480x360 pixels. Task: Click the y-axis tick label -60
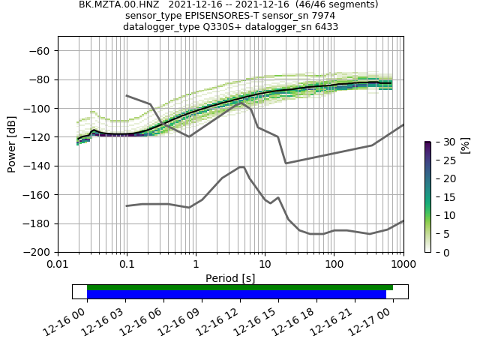click(38, 51)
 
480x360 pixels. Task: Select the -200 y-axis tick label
click(35, 252)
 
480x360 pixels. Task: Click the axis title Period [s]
click(230, 278)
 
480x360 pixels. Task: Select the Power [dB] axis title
click(12, 144)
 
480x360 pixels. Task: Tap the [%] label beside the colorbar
click(464, 145)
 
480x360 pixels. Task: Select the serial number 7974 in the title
click(322, 16)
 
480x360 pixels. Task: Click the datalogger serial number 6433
click(323, 27)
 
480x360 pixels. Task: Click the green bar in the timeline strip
click(240, 287)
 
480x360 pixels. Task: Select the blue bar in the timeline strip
click(236, 295)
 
